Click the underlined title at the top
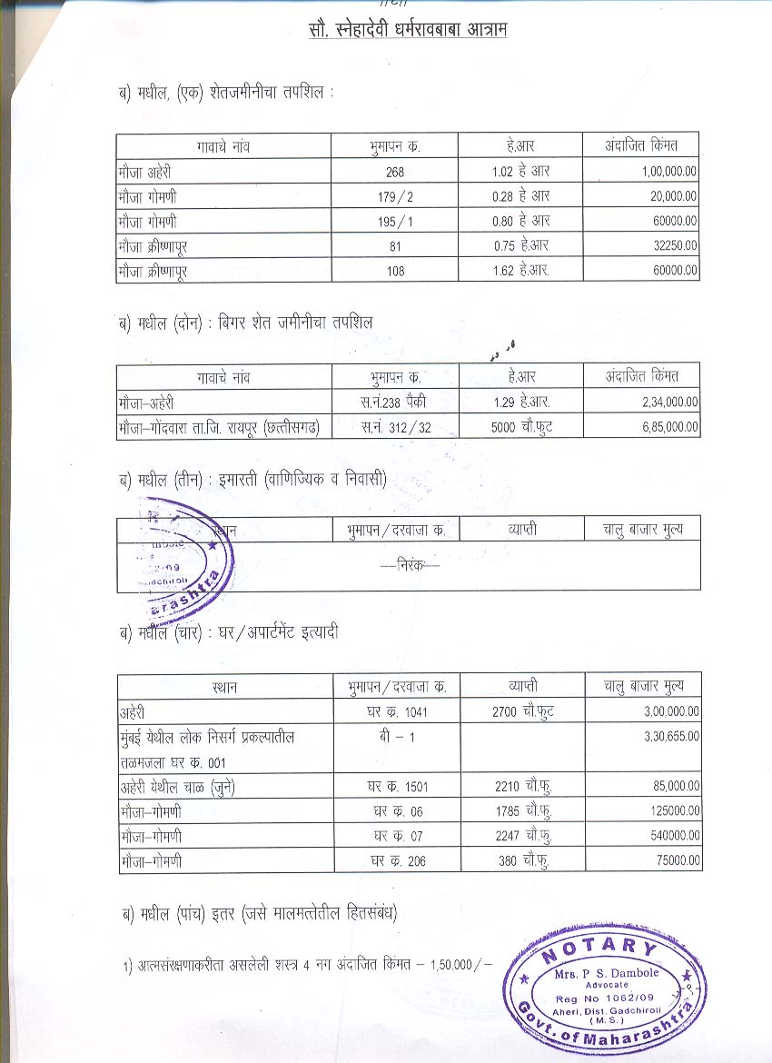(407, 30)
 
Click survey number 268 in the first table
(394, 172)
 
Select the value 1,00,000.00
(668, 171)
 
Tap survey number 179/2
(395, 196)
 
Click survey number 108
(394, 270)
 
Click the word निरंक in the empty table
(409, 564)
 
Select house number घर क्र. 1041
(397, 712)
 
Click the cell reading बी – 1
(397, 737)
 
